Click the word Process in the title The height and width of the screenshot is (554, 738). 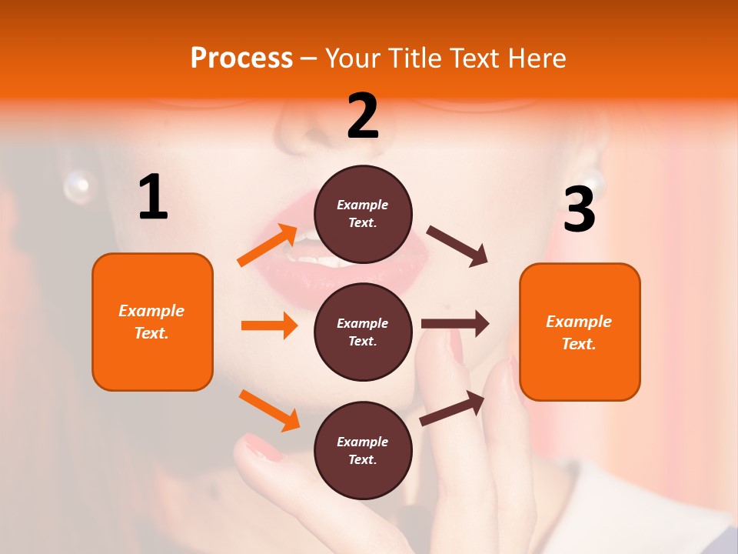(x=241, y=58)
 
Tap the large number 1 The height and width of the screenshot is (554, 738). (x=153, y=198)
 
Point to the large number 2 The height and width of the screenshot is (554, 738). (x=363, y=116)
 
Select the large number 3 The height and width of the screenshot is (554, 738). (x=579, y=209)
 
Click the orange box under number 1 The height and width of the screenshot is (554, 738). (x=152, y=322)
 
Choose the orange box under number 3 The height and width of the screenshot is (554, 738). (x=580, y=332)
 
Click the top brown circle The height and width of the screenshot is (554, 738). (x=363, y=214)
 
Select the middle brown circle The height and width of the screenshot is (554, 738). (x=363, y=332)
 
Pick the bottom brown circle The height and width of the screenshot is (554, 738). (x=363, y=450)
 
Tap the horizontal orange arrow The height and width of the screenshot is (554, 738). (x=269, y=325)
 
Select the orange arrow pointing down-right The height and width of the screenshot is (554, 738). (x=269, y=409)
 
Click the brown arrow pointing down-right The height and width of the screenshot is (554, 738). (x=457, y=245)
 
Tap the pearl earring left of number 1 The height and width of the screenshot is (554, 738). (x=77, y=186)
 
